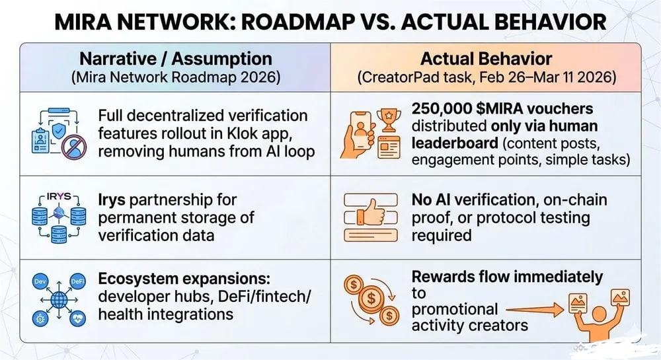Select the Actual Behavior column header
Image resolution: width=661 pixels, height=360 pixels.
point(487,58)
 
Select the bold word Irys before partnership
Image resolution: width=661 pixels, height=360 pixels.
point(114,199)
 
